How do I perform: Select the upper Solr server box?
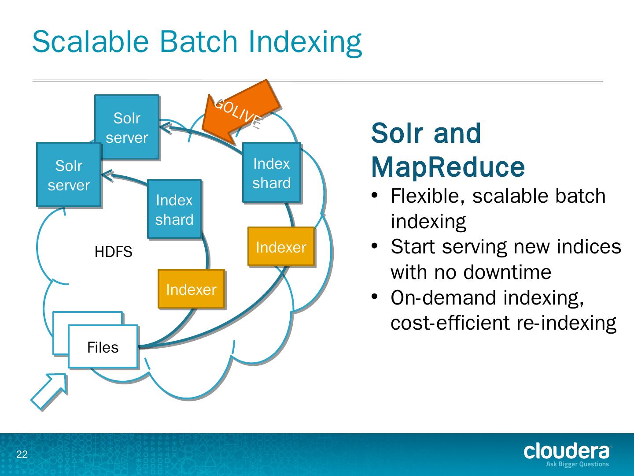(127, 127)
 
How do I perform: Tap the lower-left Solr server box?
(69, 175)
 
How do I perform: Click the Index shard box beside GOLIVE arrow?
(272, 173)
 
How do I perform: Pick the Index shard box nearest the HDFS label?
(174, 209)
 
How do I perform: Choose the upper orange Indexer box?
(281, 247)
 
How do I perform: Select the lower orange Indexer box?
(191, 289)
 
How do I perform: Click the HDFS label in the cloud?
(113, 252)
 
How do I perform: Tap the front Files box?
(103, 347)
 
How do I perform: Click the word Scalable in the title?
(91, 42)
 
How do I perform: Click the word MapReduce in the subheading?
(448, 167)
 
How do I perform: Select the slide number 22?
(22, 454)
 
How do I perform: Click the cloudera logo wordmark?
(567, 451)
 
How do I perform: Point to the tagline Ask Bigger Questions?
(577, 464)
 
